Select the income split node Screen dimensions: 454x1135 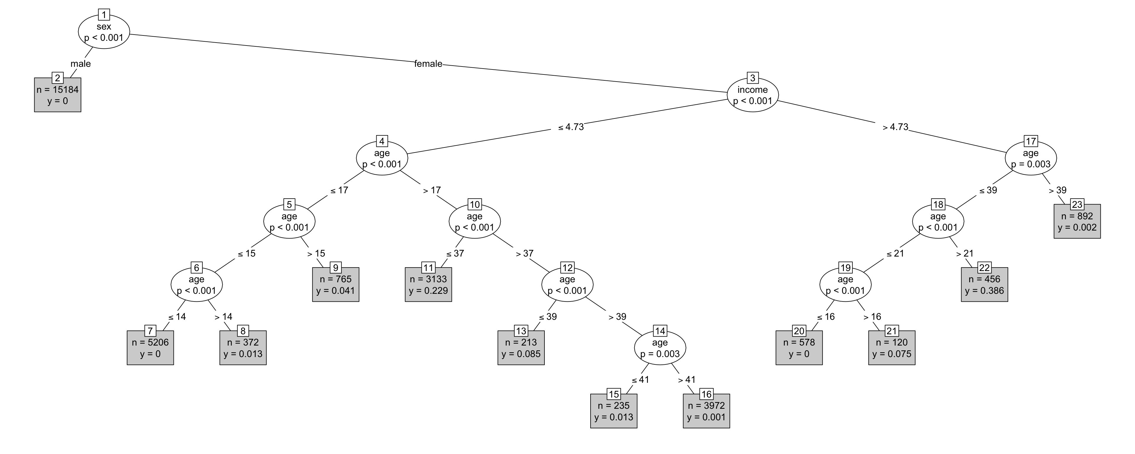tap(753, 95)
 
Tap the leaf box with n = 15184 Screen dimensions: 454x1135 tap(58, 95)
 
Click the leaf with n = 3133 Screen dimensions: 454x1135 tap(428, 285)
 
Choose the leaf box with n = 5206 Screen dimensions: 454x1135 tap(150, 348)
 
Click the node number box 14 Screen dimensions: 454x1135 tap(660, 331)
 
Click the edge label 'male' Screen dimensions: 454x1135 tap(81, 64)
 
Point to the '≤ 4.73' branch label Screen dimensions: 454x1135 tap(571, 127)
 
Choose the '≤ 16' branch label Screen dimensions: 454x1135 tap(826, 317)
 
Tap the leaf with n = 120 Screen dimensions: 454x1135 tap(892, 348)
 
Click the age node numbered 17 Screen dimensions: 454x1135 tap(1031, 158)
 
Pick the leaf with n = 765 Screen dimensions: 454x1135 tap(336, 285)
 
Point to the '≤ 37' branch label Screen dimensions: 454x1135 tap(455, 253)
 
